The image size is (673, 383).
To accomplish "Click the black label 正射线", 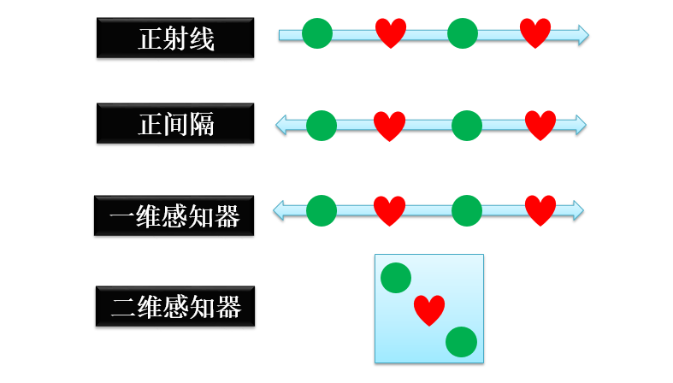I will (x=175, y=38).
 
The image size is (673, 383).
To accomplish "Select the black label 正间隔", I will (x=175, y=124).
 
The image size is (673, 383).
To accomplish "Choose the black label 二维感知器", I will (x=174, y=305).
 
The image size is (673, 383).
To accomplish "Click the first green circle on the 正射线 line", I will (x=317, y=34).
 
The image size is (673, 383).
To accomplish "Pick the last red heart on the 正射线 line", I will (x=535, y=33).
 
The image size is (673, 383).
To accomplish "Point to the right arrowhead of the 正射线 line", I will (x=582, y=34).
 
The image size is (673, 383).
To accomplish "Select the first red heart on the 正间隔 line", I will (x=390, y=126).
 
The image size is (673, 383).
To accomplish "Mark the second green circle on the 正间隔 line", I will (x=467, y=125).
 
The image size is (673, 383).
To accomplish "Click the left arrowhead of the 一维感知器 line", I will (x=280, y=209).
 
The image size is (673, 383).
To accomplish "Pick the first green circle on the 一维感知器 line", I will (x=322, y=210).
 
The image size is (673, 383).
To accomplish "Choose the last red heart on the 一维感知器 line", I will (x=540, y=210).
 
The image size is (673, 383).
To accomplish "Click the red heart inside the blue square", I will (x=429, y=310).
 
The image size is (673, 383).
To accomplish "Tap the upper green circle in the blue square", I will (x=396, y=278).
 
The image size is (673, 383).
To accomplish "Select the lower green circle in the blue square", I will (x=461, y=342).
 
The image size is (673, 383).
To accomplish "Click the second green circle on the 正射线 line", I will (x=463, y=34).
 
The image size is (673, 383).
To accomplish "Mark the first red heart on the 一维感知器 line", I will (x=390, y=210).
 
